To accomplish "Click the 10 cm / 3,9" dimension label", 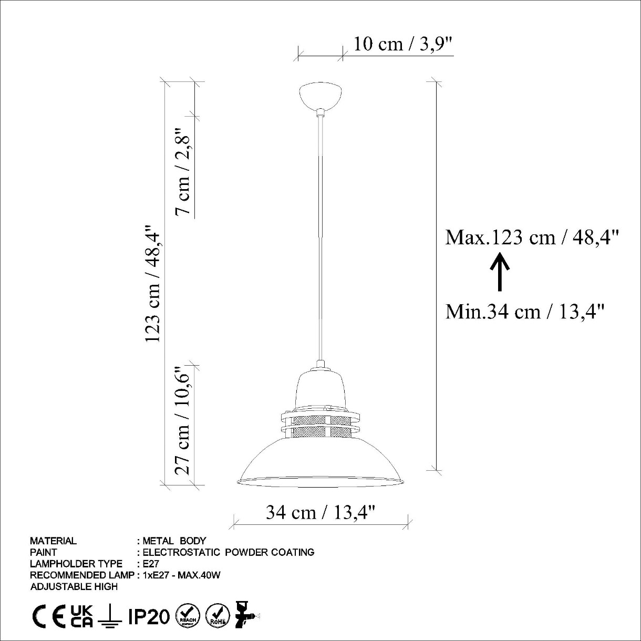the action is (x=403, y=45).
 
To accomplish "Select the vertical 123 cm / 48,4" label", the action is (x=153, y=283).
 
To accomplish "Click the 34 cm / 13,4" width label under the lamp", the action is (x=321, y=513).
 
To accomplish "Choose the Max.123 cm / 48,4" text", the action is (x=532, y=238).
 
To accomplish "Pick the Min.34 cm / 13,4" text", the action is (x=525, y=312).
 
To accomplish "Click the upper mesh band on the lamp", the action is (x=321, y=421).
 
